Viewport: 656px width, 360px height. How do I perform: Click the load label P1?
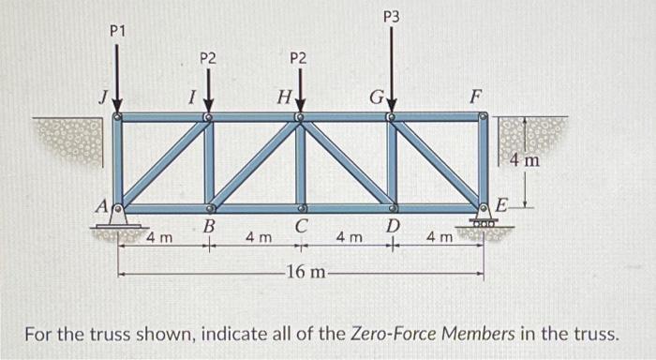click(x=117, y=32)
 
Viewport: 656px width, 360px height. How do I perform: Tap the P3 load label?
click(x=391, y=16)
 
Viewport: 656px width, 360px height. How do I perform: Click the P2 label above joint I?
click(x=208, y=58)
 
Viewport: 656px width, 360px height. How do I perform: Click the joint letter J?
click(x=106, y=97)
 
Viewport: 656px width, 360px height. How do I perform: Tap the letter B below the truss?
click(x=210, y=227)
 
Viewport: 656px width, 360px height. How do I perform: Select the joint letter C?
click(x=300, y=228)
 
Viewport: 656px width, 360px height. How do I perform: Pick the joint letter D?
click(x=394, y=227)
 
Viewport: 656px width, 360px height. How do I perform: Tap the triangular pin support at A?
click(x=117, y=217)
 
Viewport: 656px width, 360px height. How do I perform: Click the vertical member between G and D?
click(x=392, y=162)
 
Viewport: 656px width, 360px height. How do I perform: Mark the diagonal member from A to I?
click(x=164, y=162)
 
